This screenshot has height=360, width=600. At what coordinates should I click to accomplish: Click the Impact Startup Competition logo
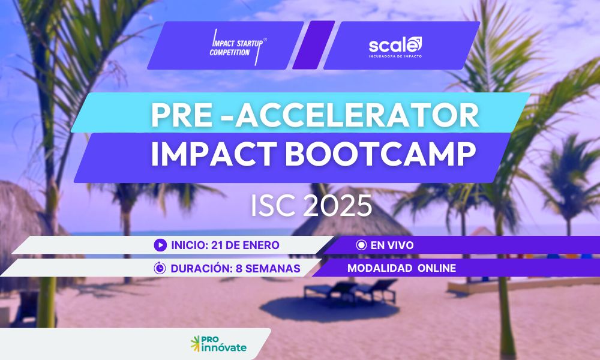click(x=238, y=47)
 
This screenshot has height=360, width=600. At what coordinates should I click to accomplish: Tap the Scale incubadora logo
click(x=395, y=47)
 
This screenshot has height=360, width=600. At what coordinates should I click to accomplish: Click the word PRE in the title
click(x=182, y=115)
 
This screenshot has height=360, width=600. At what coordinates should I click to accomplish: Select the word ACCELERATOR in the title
click(x=357, y=115)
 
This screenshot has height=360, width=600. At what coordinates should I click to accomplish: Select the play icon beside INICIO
click(x=160, y=245)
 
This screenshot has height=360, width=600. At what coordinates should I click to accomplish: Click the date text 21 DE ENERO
click(x=245, y=245)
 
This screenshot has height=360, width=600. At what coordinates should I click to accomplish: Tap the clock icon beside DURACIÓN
click(x=160, y=268)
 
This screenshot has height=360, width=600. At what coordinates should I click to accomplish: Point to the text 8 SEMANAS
click(x=268, y=269)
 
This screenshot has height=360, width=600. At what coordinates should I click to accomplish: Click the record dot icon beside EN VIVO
click(x=361, y=245)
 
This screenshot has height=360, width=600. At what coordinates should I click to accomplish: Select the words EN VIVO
click(x=392, y=245)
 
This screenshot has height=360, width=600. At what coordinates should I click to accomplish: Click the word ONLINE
click(x=437, y=268)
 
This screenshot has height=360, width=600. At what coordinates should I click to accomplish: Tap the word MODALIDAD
click(x=380, y=268)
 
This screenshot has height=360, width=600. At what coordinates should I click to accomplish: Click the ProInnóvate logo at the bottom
click(x=219, y=344)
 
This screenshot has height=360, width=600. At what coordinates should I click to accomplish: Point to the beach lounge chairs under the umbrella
click(x=350, y=291)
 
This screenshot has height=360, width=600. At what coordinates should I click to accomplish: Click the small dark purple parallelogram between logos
click(x=313, y=45)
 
